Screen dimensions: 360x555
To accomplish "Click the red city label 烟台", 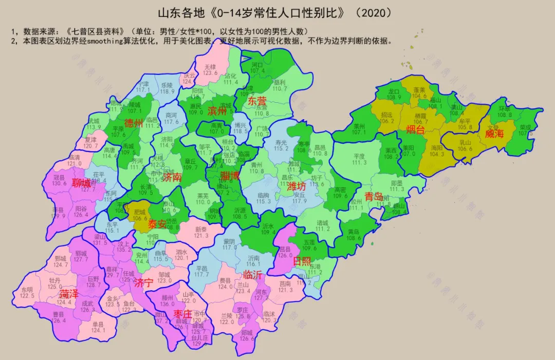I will coord(415,129).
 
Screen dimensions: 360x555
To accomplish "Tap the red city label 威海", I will coord(494,134).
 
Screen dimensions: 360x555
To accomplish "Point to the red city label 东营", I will coord(257,101).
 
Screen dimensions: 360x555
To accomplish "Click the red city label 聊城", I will coord(82,183).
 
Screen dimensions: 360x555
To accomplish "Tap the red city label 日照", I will coord(302,261).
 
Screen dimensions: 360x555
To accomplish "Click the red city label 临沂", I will coord(252,275).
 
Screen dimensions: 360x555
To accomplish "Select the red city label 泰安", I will coord(157,224).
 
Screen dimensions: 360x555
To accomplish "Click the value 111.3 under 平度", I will coord(359,163).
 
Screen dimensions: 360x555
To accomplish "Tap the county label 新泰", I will coord(201,229).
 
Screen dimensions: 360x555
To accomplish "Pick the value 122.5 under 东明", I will coord(27,296).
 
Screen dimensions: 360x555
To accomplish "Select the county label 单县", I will coord(98,324).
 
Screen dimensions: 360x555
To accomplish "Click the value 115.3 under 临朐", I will coord(263,201).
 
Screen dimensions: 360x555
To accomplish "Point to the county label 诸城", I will coord(323,223).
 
